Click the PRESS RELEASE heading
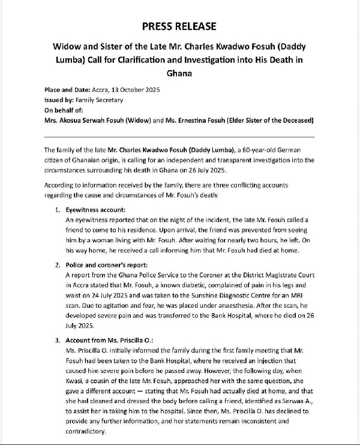pos(179,26)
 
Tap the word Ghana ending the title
pos(179,73)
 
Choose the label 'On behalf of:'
pos(65,110)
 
